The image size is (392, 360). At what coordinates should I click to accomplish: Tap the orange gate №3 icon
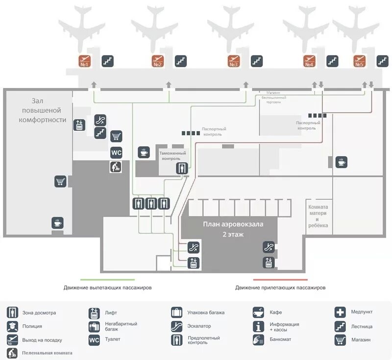coord(234,61)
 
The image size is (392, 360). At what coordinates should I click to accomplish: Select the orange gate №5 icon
coord(360,61)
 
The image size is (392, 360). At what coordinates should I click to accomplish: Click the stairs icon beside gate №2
coord(181,61)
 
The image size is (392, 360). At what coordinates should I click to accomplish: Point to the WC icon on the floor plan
coord(116,152)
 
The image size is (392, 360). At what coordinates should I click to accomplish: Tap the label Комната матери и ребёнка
coord(318,216)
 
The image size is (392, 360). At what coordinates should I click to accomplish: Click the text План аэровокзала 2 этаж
coord(233,229)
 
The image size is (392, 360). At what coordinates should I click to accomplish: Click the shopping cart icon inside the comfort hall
coord(60,182)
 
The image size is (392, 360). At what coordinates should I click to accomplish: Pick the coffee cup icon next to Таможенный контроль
coord(144,152)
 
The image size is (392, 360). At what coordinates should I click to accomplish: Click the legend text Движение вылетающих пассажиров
coord(107,288)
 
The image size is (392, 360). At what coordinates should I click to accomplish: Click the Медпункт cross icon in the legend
coord(341,312)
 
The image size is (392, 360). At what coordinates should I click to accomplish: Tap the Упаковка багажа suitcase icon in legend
coord(177,312)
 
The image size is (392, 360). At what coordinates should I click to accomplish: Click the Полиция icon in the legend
coord(13,326)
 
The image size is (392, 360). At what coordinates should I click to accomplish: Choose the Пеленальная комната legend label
coord(47,353)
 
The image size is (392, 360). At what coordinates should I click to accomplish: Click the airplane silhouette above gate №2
coord(155,27)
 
